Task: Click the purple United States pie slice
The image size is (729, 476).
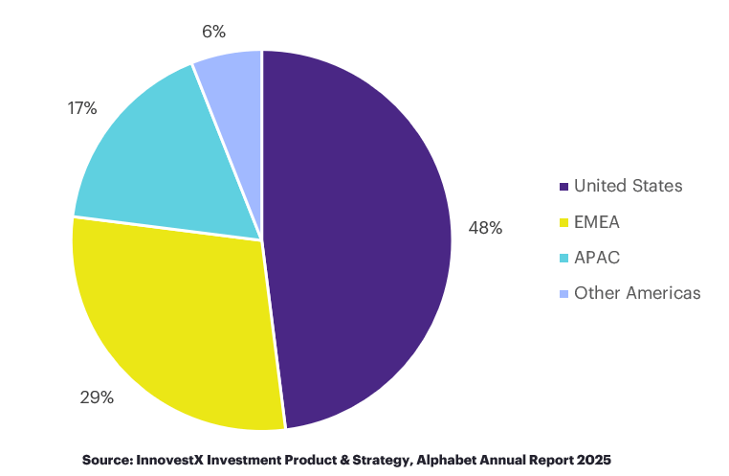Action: click(364, 239)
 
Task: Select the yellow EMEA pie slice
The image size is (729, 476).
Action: click(172, 326)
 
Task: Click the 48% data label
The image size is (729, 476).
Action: click(485, 228)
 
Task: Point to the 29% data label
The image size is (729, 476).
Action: click(96, 397)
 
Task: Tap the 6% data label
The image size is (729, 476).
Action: click(212, 31)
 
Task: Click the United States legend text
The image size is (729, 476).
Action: click(628, 186)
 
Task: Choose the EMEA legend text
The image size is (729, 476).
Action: click(597, 222)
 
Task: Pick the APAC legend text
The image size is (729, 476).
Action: click(597, 258)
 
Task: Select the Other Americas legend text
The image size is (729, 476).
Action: click(637, 293)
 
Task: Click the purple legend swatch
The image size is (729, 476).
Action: click(564, 187)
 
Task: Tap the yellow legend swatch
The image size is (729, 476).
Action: click(564, 222)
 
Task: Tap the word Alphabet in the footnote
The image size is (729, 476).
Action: click(451, 459)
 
